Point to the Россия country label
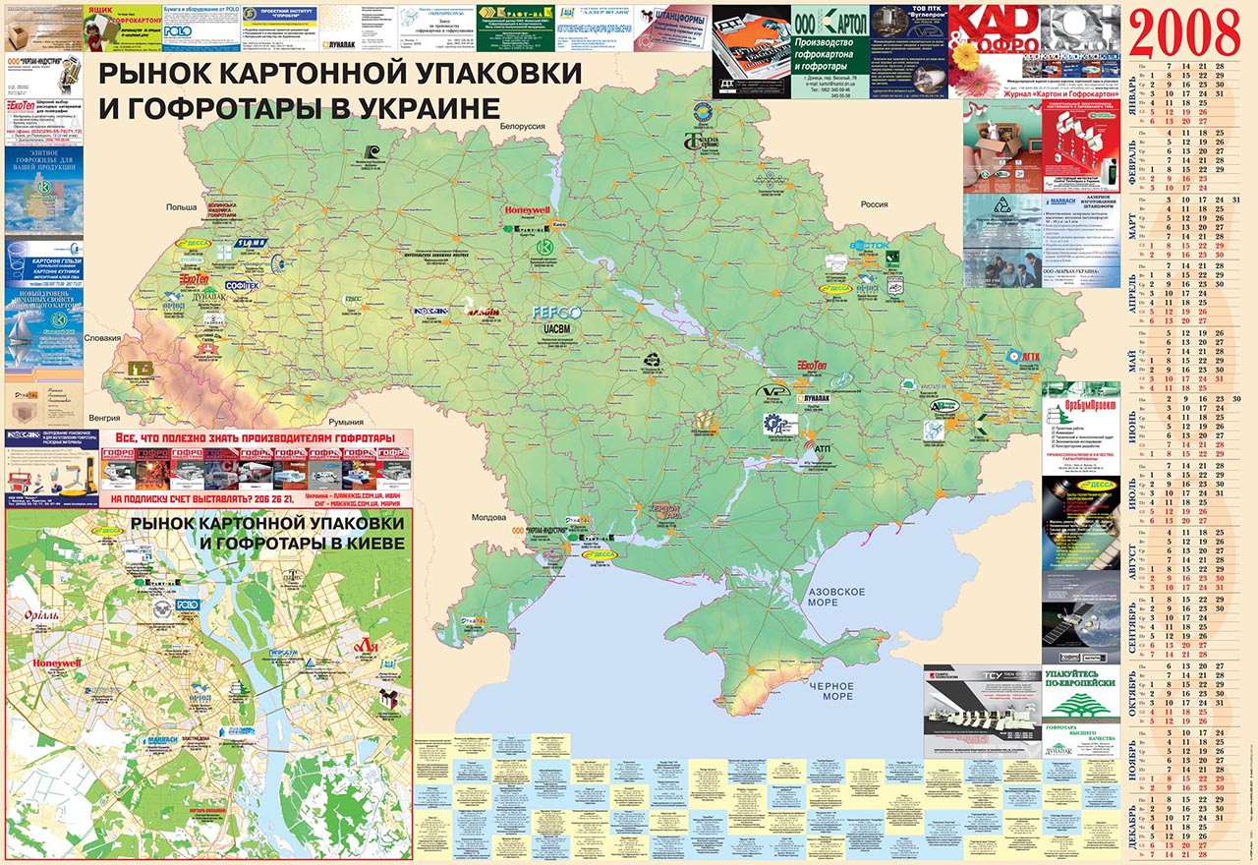(x=874, y=205)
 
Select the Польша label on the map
(x=182, y=207)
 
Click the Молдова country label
(x=488, y=517)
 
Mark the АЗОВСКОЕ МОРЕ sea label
(x=835, y=596)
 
